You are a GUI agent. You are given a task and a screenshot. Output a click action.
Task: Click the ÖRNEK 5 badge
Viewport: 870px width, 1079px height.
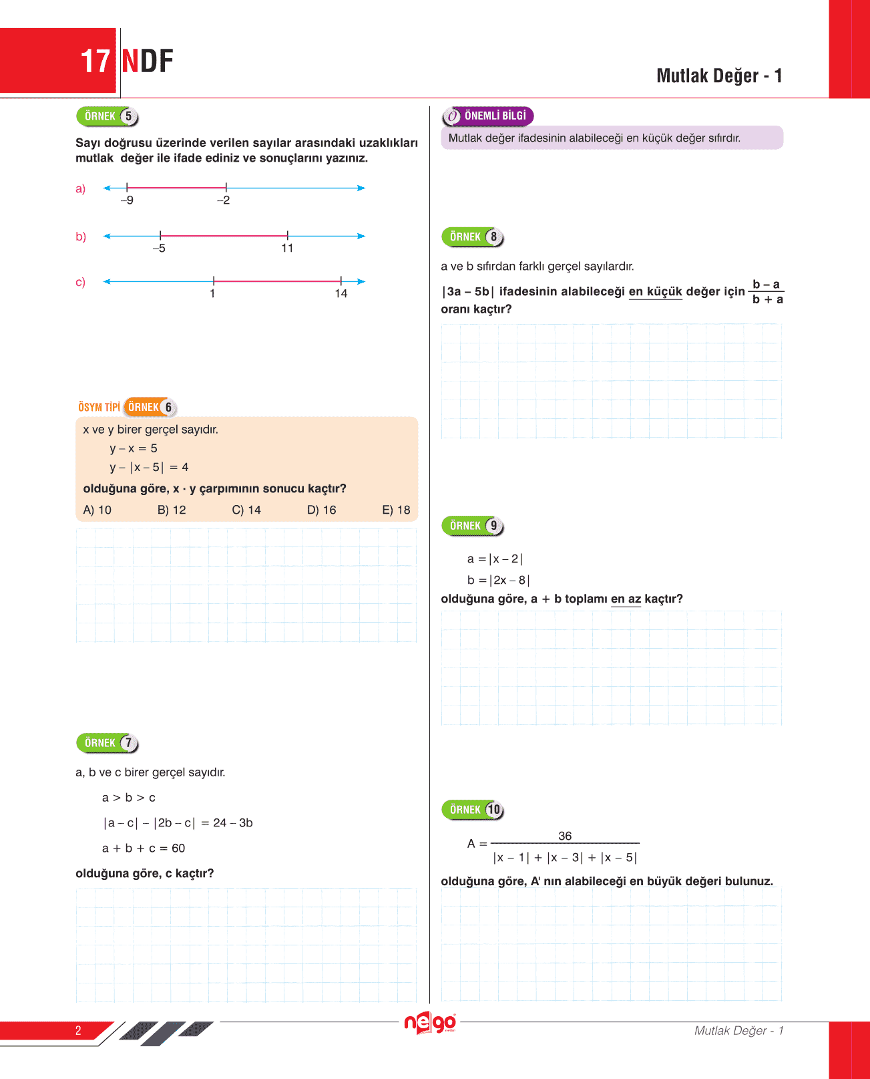107,116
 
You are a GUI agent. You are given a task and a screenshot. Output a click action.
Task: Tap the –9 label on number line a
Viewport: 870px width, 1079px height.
127,200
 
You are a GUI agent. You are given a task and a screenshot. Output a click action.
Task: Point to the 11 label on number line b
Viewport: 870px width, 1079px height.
287,249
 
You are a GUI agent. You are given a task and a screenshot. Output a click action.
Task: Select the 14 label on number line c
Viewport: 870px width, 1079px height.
341,294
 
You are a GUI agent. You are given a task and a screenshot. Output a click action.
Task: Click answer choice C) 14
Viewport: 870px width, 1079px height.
246,510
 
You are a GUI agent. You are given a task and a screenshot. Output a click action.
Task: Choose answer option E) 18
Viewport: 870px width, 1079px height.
396,510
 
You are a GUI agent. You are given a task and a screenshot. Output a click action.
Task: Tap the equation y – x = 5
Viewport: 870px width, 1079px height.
134,448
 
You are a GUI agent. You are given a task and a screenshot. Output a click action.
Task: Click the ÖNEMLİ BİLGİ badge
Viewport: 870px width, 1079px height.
488,116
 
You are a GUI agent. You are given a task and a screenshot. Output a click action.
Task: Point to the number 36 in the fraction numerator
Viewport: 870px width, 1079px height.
565,836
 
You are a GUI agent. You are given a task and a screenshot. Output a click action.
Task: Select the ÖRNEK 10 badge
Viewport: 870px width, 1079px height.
472,810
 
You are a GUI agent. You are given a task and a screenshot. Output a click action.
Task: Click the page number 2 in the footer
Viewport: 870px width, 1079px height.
78,1030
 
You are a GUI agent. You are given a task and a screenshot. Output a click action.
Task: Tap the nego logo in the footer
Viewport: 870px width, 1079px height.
430,1023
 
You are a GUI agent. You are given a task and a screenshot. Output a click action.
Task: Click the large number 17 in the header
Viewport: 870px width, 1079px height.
95,61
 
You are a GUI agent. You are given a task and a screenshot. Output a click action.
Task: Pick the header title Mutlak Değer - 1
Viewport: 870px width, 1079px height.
719,75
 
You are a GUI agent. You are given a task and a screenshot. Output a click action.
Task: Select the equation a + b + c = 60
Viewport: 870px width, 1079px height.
144,848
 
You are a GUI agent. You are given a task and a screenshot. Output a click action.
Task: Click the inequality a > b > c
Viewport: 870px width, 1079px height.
129,798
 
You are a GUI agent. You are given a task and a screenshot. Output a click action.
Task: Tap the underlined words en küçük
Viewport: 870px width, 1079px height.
655,291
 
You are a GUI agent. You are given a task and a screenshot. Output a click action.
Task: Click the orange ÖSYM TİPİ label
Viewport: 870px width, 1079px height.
99,407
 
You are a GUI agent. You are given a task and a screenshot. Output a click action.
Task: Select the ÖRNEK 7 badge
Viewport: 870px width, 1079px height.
107,743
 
